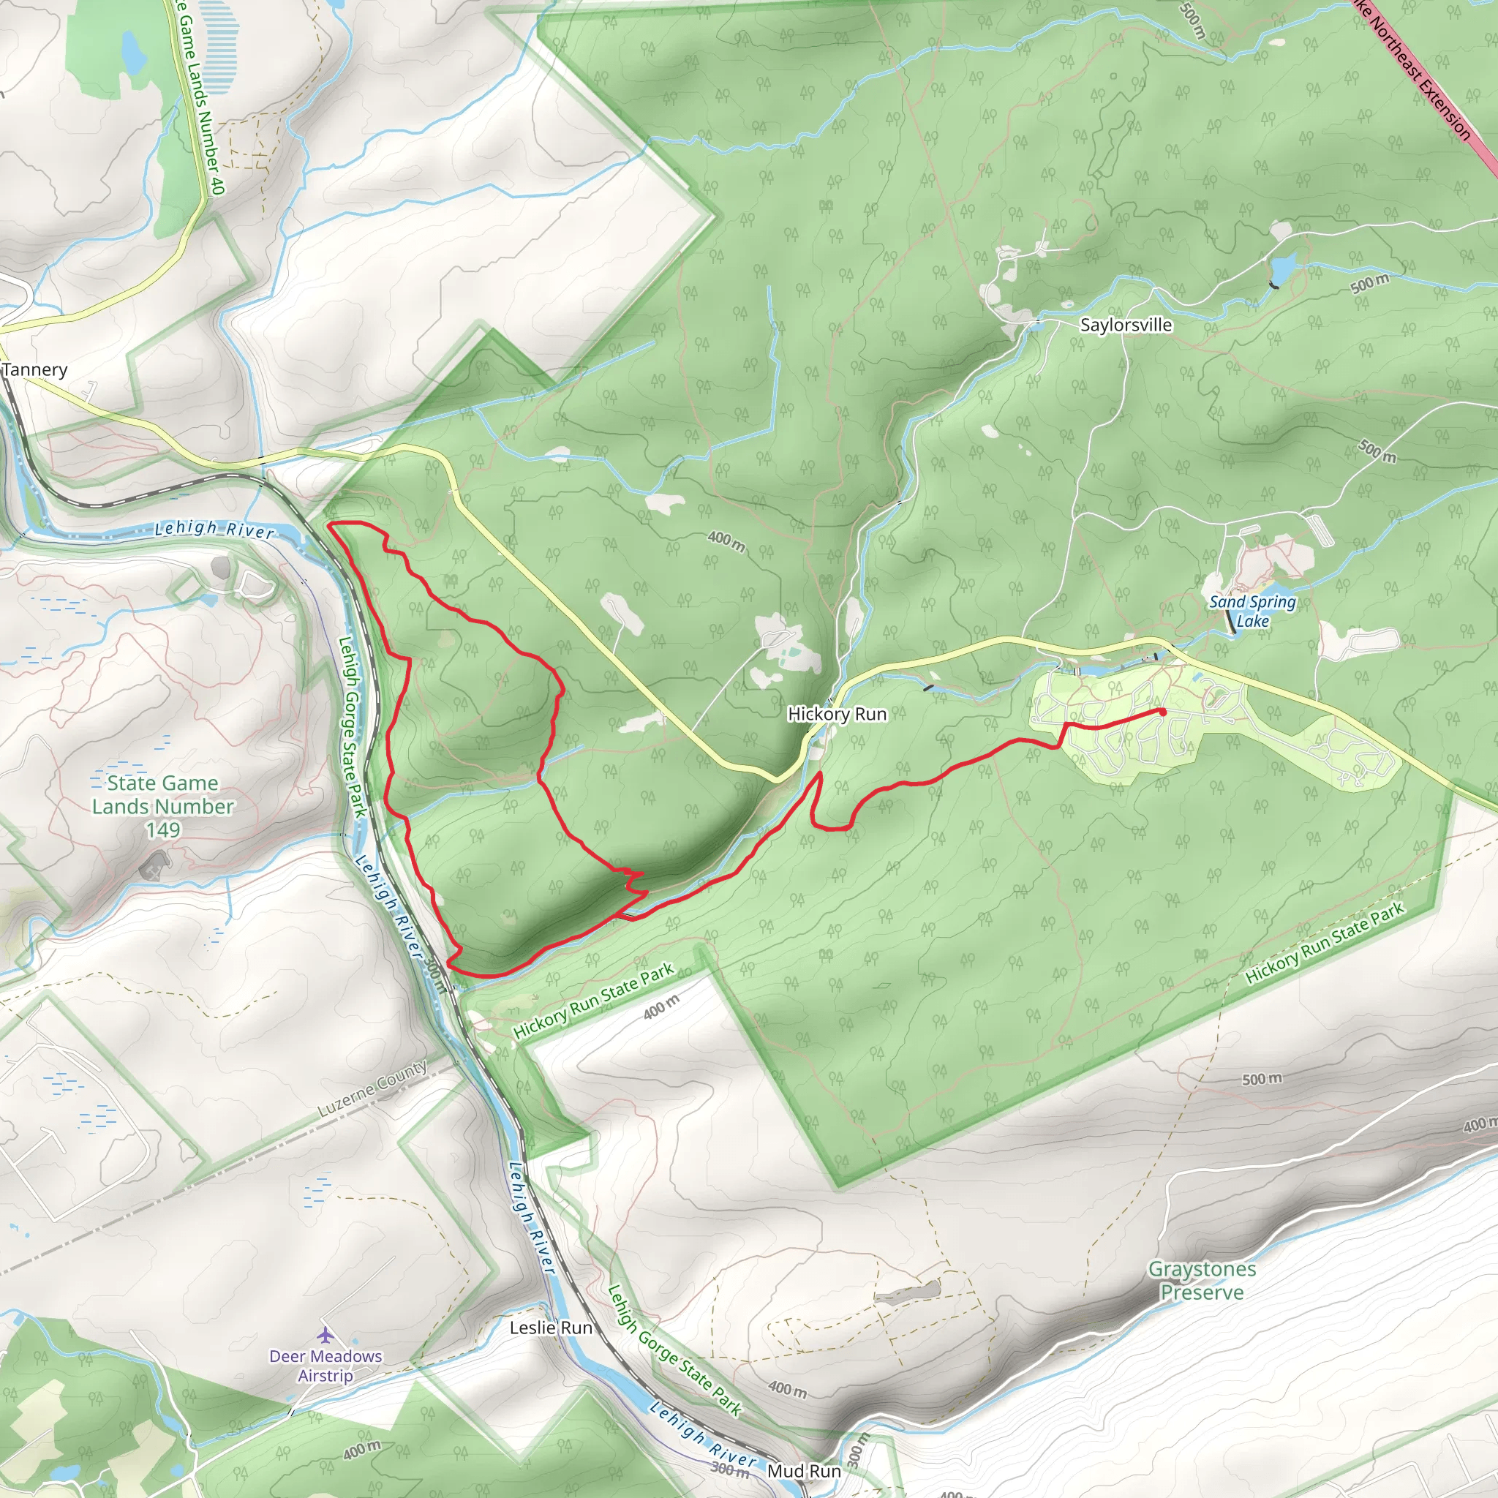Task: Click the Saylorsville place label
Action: [x=1126, y=325]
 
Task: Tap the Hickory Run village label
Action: [x=837, y=714]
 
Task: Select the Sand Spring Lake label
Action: [x=1252, y=611]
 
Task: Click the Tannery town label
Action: [x=35, y=370]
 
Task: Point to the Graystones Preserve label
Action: [x=1202, y=1280]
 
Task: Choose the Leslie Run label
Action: [x=551, y=1328]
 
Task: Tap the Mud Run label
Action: [x=803, y=1471]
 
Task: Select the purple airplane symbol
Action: [x=325, y=1335]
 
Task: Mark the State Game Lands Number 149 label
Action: [x=163, y=806]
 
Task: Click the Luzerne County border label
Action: [x=372, y=1088]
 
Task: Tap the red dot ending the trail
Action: [x=1162, y=712]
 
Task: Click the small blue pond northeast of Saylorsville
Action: [x=1281, y=268]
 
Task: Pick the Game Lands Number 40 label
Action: [x=200, y=97]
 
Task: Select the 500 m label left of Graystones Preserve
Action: [x=1262, y=1080]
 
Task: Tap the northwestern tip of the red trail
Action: [x=332, y=526]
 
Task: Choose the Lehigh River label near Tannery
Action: [x=214, y=530]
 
